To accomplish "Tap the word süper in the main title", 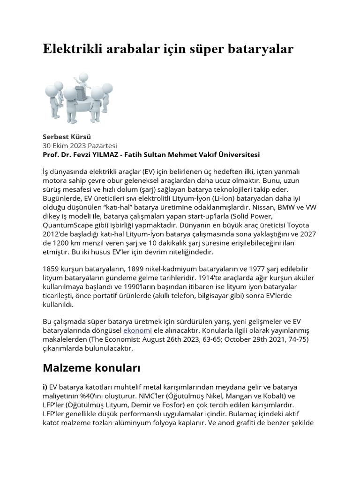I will (224, 49).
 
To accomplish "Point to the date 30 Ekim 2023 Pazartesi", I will (80, 146).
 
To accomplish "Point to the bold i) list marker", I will (45, 387).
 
